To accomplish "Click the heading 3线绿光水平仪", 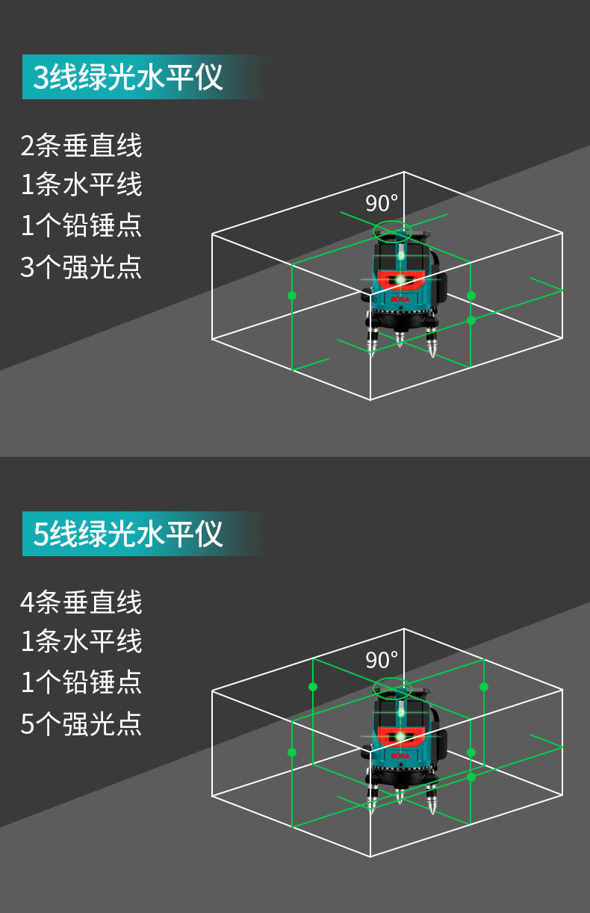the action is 128,77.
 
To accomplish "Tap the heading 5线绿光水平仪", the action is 128,534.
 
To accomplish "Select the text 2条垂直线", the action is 81,145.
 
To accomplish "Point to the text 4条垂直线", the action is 81,602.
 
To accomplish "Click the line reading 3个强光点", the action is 81,267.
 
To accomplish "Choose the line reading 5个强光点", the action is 81,723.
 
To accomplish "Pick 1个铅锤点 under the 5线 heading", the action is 81,682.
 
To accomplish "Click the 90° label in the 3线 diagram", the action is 382,203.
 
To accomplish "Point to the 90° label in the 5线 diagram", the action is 382,660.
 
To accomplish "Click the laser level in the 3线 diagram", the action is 401,291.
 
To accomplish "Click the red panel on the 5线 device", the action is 401,735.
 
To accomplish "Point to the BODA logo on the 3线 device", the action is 400,299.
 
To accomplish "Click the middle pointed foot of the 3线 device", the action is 400,340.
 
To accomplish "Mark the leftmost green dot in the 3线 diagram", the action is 292,296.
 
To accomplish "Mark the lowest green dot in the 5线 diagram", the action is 471,777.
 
